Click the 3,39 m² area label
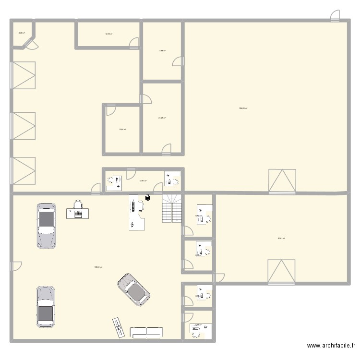22,33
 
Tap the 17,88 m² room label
162,50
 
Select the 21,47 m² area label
162,118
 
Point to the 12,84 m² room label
122,129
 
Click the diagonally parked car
133,290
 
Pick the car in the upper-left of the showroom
47,226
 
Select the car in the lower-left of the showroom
46,307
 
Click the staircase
172,208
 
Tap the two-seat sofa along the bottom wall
146,332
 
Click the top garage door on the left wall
24,75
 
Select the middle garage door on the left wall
24,126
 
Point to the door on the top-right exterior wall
335,16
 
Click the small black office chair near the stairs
147,197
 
